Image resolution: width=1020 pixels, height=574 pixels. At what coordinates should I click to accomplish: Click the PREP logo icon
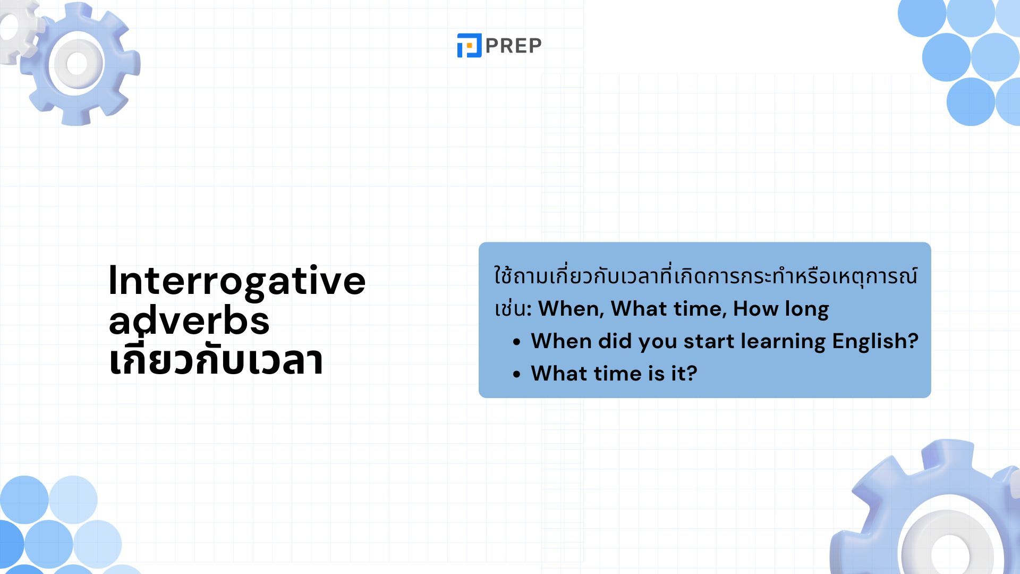click(469, 45)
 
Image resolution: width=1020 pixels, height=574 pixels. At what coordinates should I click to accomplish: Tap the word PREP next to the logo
click(513, 46)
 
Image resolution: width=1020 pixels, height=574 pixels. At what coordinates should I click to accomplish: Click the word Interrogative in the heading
click(237, 281)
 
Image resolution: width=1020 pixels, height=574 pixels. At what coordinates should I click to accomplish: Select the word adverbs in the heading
click(189, 320)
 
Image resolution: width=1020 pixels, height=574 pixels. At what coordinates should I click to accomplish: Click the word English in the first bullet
click(875, 341)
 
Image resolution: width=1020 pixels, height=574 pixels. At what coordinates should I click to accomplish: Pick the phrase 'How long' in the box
click(780, 309)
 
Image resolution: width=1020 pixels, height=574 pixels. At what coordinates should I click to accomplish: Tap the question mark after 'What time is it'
click(692, 373)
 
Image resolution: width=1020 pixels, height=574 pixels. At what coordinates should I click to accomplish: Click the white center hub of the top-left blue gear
click(77, 64)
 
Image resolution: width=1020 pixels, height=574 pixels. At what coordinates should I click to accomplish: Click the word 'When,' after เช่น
click(571, 309)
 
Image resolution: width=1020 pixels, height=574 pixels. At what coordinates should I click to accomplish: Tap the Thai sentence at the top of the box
click(705, 276)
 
